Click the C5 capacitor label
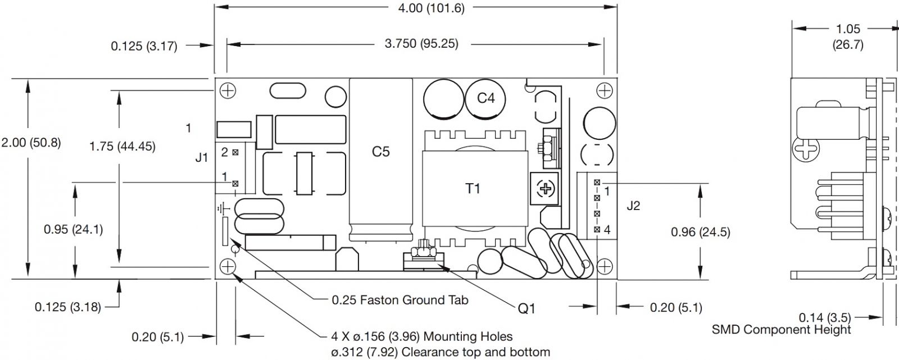(x=380, y=152)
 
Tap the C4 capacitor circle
(x=485, y=99)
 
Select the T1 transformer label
(x=473, y=188)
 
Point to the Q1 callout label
(x=526, y=308)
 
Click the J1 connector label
(x=202, y=157)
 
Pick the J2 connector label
(x=633, y=206)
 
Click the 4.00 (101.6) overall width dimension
(x=431, y=8)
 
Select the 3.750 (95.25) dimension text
(x=421, y=43)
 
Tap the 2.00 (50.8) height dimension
(x=31, y=143)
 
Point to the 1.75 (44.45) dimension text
(x=122, y=146)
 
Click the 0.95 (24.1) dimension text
(x=74, y=229)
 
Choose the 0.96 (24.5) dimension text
(x=700, y=232)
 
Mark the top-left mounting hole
(x=228, y=91)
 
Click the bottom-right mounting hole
(x=605, y=266)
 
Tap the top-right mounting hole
(x=605, y=91)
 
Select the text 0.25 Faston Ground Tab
(x=399, y=300)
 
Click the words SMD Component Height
(x=781, y=330)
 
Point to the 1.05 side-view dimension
(x=848, y=29)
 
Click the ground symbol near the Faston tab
(x=223, y=209)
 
